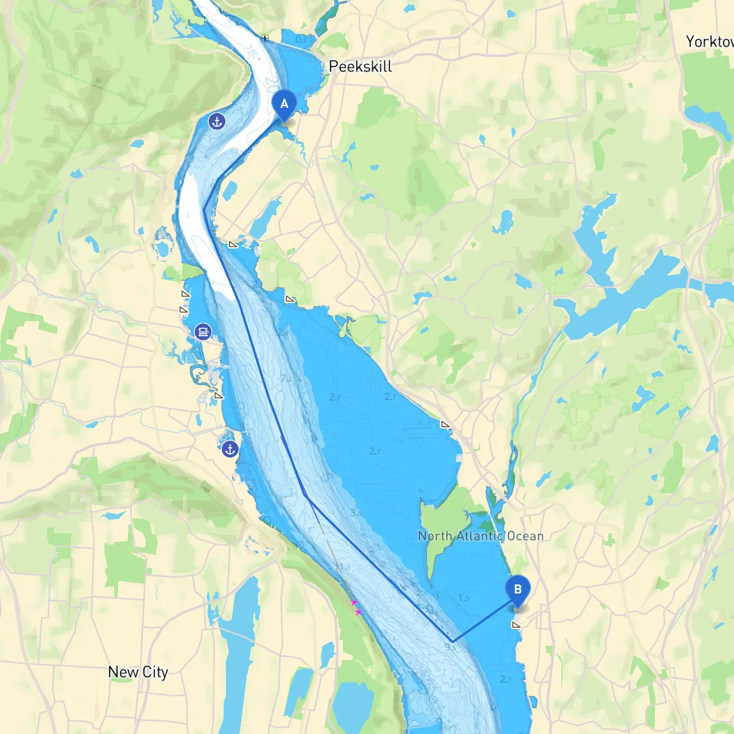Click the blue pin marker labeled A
tap(284, 105)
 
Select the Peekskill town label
tap(360, 67)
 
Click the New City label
tap(138, 672)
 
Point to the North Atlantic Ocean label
tap(481, 536)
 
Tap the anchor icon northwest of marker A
tap(217, 122)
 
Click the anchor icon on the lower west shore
tap(230, 450)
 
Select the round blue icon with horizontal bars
tap(203, 331)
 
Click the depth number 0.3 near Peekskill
tap(301, 40)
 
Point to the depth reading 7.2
tap(286, 378)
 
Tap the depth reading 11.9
tap(343, 567)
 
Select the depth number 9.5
tap(450, 647)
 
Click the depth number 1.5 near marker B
tap(463, 598)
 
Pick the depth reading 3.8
tap(356, 513)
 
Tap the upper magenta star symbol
tap(354, 602)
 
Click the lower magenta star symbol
tap(358, 612)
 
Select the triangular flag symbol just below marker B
tap(516, 625)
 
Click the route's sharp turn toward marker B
tap(452, 641)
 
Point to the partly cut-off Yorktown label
tap(709, 41)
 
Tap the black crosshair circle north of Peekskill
tap(264, 38)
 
